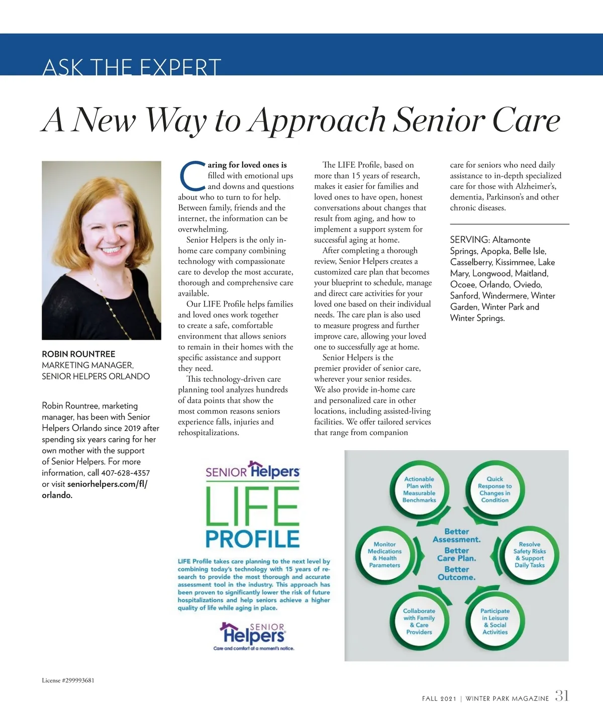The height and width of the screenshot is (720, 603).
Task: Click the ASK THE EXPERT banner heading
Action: (132, 67)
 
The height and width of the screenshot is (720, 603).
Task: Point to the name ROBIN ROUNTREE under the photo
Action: (78, 354)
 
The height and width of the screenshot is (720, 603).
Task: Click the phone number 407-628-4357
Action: (125, 473)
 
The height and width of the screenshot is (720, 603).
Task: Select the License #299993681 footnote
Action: (68, 680)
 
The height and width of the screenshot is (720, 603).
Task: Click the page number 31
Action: (562, 696)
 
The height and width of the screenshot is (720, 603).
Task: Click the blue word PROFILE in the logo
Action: (252, 539)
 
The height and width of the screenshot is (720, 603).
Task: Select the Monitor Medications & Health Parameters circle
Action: (385, 555)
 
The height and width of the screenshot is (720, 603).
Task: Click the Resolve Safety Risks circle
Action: (530, 555)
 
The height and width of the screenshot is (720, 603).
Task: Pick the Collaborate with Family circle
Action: (419, 622)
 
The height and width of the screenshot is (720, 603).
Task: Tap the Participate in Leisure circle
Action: (495, 622)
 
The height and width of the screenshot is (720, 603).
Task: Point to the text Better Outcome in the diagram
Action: (456, 573)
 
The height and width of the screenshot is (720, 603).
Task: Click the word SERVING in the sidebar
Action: (469, 240)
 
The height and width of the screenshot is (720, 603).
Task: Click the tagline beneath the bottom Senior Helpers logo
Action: (254, 648)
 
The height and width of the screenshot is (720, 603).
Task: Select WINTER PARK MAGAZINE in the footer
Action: (507, 698)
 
